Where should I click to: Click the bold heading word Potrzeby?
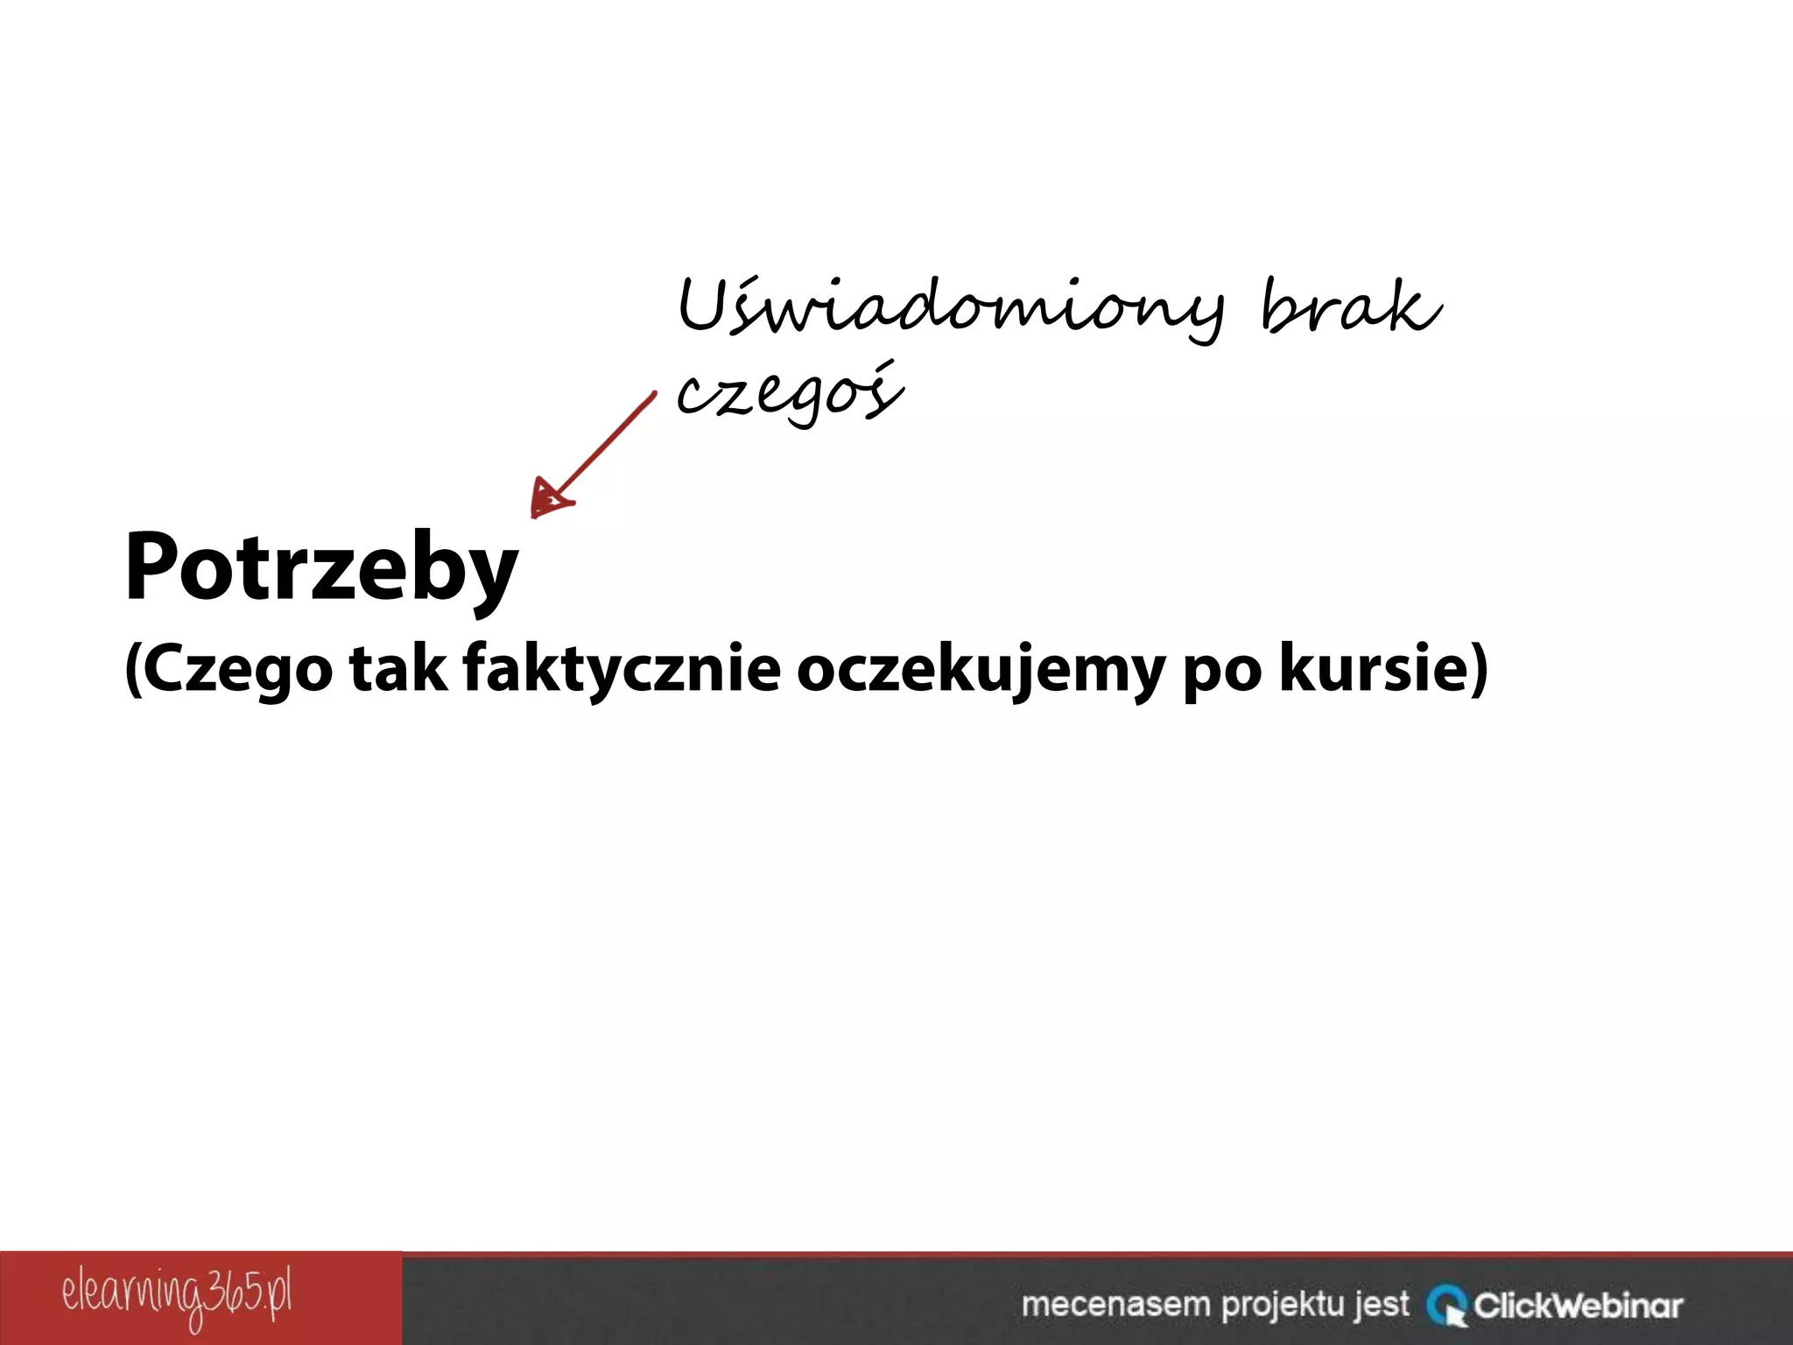[321, 567]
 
